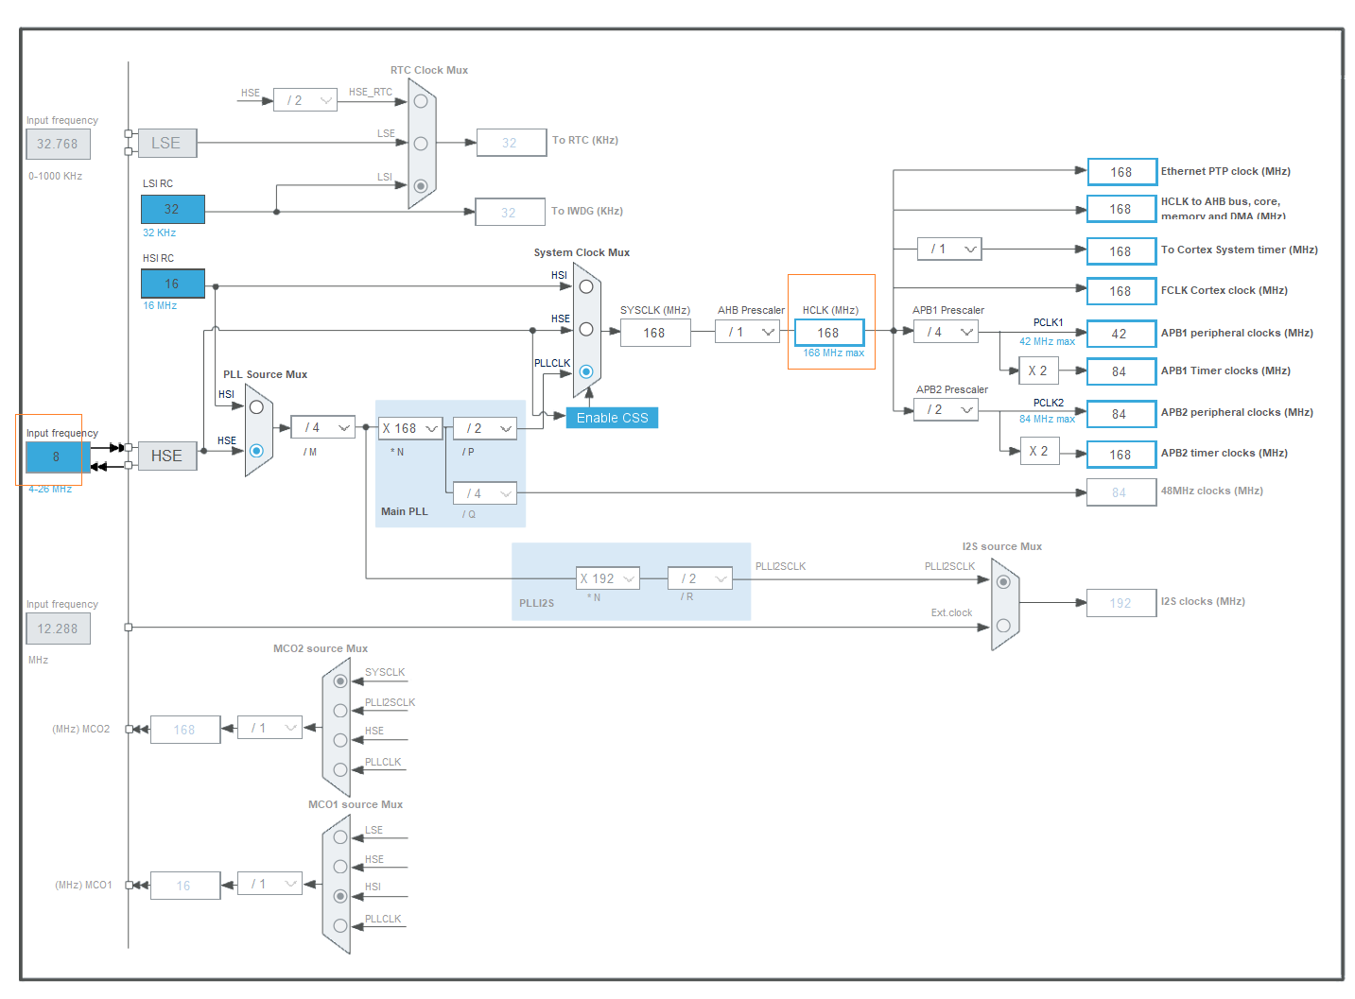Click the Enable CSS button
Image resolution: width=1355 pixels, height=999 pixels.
612,418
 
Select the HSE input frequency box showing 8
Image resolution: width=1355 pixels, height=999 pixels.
55,456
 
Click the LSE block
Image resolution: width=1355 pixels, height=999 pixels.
166,143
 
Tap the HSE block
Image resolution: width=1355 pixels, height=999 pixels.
166,456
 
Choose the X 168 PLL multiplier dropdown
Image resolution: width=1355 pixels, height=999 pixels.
409,428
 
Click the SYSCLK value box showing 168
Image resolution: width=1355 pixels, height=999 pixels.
654,333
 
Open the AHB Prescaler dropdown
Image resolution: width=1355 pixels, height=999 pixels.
747,332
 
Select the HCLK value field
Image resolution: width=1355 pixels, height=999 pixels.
828,333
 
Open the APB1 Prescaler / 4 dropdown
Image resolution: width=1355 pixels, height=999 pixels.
946,332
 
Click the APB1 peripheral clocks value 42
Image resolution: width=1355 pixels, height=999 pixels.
1120,334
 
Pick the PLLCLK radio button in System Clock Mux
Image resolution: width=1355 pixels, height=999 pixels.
586,371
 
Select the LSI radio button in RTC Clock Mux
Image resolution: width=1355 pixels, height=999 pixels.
421,185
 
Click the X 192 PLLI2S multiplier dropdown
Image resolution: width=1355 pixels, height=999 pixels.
607,578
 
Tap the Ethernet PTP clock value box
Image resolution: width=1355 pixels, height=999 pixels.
1120,172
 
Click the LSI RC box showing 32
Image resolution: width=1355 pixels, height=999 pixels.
172,209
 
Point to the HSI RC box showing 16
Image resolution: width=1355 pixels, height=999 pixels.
172,284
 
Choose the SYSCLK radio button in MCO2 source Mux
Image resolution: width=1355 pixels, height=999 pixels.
340,680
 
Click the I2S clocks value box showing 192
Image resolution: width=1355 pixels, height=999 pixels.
1120,603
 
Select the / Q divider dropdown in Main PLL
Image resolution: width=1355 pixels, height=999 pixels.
484,493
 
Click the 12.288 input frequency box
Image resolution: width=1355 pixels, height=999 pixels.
58,629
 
